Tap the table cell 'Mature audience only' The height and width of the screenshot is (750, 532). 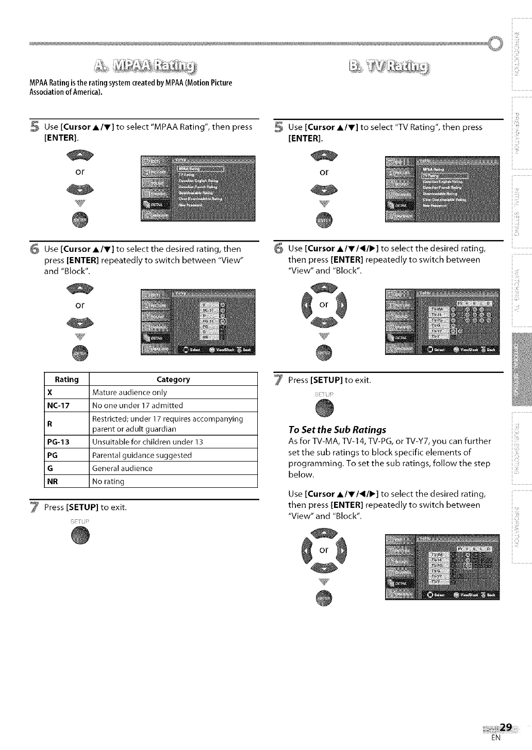click(x=129, y=393)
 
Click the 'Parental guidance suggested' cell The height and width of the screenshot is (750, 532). click(x=142, y=455)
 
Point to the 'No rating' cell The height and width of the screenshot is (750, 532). click(x=108, y=482)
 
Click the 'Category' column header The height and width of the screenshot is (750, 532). click(x=173, y=380)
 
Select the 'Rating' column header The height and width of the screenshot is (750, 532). click(x=67, y=380)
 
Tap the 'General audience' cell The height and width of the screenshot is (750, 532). click(x=122, y=468)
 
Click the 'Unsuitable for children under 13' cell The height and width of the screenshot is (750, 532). click(x=147, y=442)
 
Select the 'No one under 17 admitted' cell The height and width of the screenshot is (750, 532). click(x=138, y=405)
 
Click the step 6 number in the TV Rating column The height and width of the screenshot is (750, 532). click(x=278, y=248)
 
